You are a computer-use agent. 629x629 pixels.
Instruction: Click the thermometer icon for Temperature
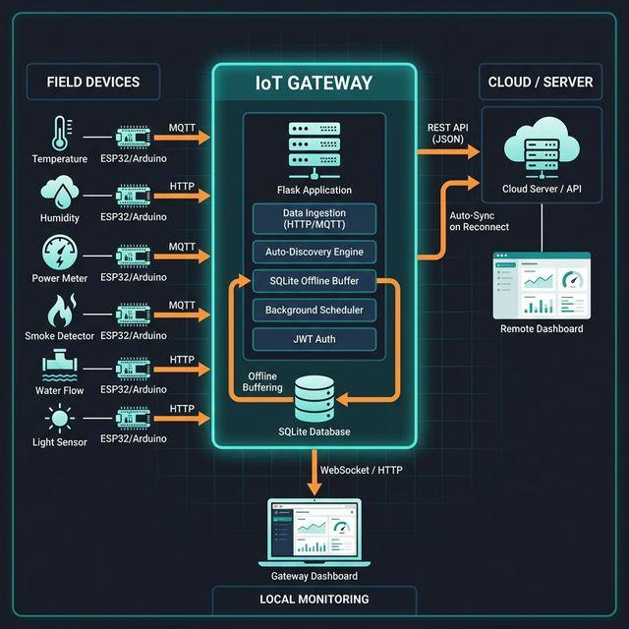tap(59, 133)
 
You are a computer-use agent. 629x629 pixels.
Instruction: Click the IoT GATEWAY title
tap(314, 83)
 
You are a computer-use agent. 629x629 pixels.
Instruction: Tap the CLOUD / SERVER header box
tap(540, 82)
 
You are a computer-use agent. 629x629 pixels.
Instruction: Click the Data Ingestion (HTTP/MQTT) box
tap(314, 219)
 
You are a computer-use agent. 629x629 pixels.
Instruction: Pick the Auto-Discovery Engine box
tap(314, 252)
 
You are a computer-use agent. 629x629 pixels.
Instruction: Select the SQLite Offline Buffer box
tap(314, 281)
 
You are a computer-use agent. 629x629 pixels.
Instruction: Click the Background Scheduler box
tap(314, 311)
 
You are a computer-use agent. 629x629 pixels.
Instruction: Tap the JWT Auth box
tap(314, 340)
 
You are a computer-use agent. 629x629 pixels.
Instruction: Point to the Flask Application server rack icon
tap(314, 148)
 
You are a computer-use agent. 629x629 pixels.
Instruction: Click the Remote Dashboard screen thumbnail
tap(542, 284)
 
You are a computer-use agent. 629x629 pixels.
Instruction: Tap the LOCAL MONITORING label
tap(314, 599)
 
